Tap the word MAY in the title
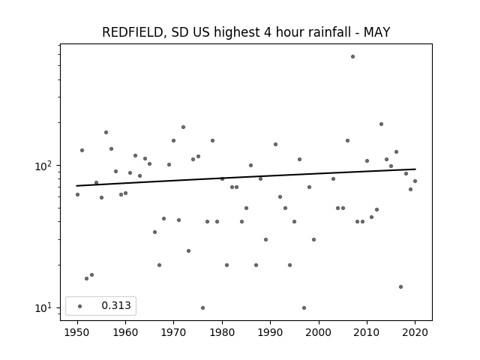[x=376, y=32]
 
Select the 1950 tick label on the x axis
[x=77, y=332]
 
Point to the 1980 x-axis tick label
[x=222, y=332]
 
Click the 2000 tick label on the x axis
[x=319, y=332]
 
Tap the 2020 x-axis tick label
[x=415, y=332]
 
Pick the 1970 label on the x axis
[x=173, y=332]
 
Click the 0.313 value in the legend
[x=116, y=305]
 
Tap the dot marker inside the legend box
[x=80, y=306]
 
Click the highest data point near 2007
[x=352, y=57]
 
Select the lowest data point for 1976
[x=202, y=307]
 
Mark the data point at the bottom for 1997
[x=304, y=307]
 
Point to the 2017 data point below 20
[x=400, y=286]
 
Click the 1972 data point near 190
[x=183, y=127]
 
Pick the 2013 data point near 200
[x=382, y=124]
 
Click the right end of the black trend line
[x=415, y=169]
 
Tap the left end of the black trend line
[x=76, y=186]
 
